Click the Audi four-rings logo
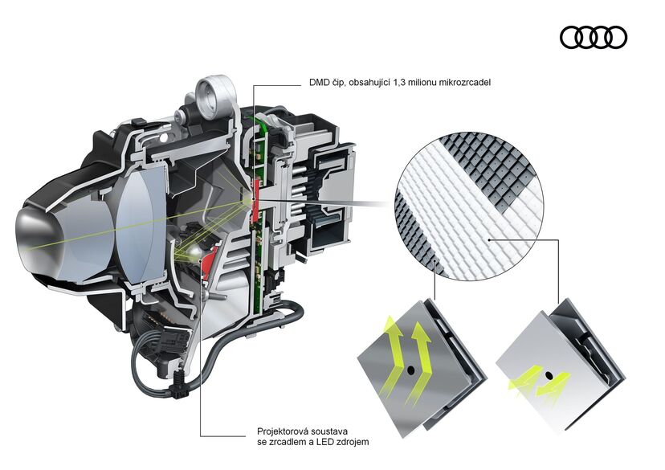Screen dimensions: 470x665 tap(594, 37)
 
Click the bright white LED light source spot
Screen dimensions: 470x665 tap(194, 254)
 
